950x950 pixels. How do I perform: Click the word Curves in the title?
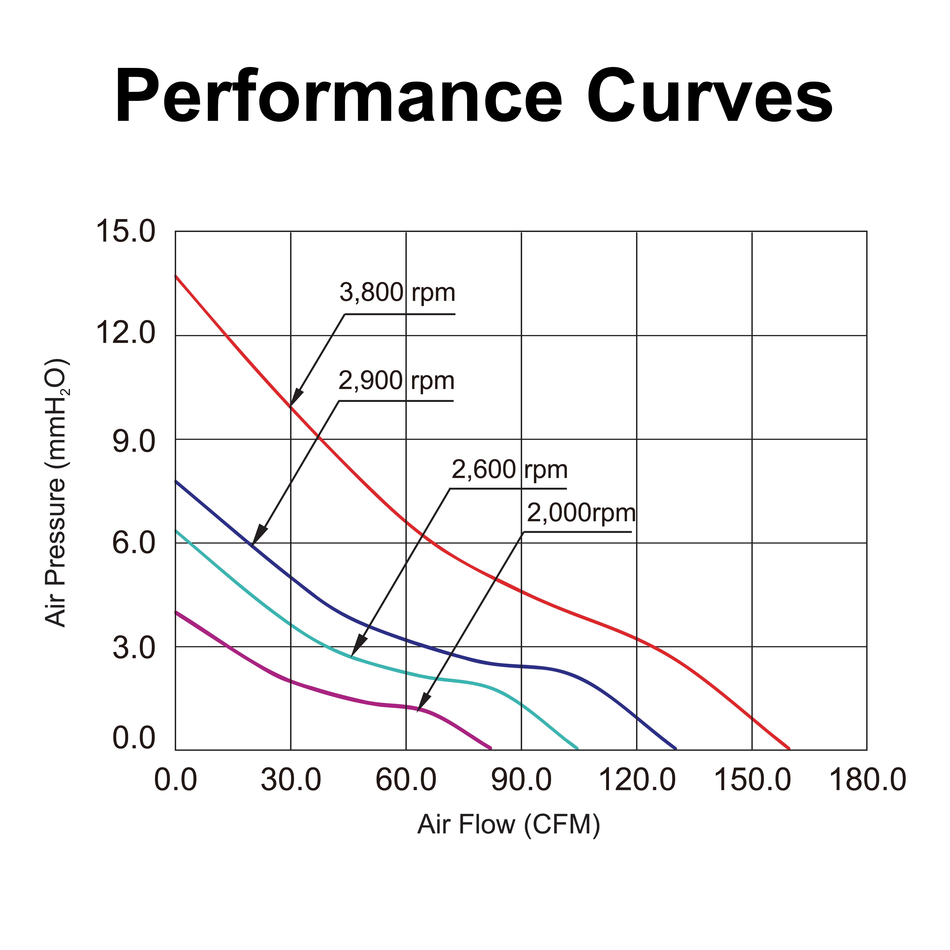(x=709, y=96)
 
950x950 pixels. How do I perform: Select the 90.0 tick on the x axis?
(x=521, y=780)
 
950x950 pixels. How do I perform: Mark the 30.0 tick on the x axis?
(x=291, y=780)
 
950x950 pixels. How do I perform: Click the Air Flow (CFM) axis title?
(x=508, y=825)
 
